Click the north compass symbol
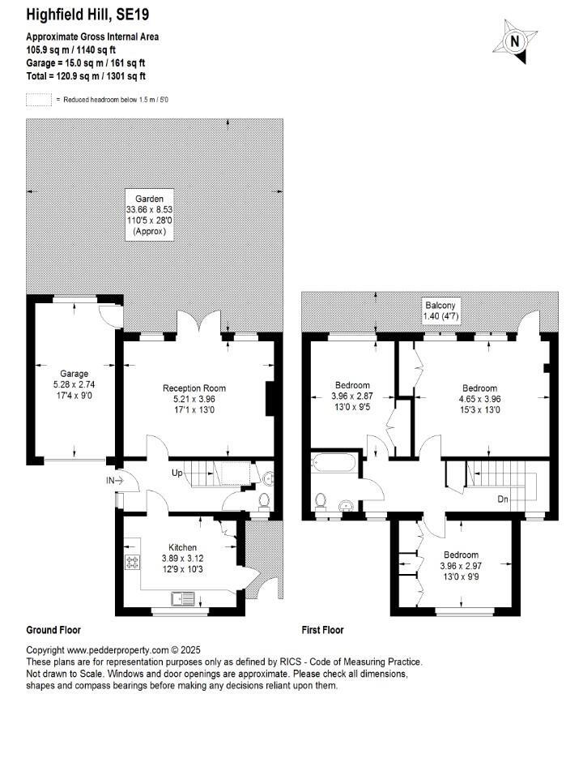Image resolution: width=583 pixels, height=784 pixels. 513,41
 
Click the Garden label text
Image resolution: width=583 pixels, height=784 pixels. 149,198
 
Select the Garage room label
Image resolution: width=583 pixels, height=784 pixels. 74,374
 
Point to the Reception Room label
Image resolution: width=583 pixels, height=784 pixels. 194,388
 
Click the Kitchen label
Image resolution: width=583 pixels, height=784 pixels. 182,547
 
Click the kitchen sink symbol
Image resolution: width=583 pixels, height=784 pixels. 182,600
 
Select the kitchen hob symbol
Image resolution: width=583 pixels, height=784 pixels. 130,560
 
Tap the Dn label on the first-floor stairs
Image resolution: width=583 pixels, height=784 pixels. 503,499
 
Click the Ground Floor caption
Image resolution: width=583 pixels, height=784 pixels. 53,629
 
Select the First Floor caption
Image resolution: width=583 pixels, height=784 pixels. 322,629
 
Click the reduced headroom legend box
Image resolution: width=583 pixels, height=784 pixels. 37,100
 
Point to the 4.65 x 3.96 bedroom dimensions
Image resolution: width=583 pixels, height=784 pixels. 480,399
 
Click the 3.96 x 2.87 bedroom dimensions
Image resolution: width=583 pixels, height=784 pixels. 352,396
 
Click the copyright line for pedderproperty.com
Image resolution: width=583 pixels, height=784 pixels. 113,650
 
